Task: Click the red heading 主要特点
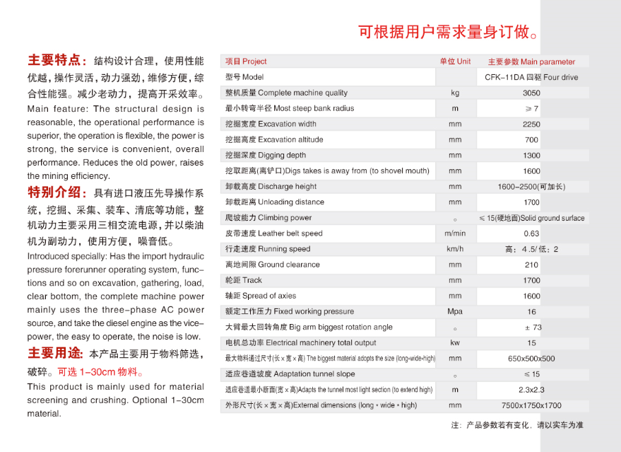(57, 60)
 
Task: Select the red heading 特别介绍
(57, 192)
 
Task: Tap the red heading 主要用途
(55, 353)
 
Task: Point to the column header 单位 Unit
(455, 62)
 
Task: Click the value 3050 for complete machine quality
(531, 93)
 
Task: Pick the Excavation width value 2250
(531, 124)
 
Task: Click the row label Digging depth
(266, 156)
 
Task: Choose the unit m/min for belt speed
(455, 233)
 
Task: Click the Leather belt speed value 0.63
(531, 233)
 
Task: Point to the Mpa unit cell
(455, 311)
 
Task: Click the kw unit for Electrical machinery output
(455, 343)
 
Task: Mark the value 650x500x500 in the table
(531, 359)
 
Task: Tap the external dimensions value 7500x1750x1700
(531, 405)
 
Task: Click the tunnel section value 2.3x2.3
(531, 390)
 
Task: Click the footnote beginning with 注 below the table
(517, 425)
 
